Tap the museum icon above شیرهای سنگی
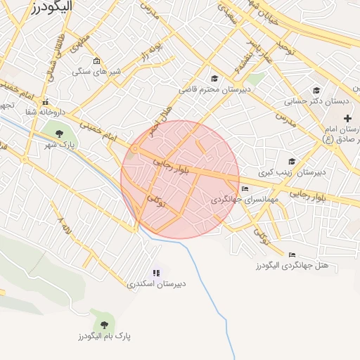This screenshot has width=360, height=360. point(96,60)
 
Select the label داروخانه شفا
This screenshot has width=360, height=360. point(45,112)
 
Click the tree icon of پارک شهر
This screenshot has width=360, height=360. point(58,133)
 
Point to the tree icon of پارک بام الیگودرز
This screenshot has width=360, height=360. point(105,324)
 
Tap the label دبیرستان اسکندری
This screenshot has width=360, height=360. point(156,284)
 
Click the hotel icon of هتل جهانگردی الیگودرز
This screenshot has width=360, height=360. point(292,255)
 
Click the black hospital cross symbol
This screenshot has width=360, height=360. point(347,117)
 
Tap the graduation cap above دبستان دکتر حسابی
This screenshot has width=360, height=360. point(316,90)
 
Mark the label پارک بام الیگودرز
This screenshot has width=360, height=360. point(105,336)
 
